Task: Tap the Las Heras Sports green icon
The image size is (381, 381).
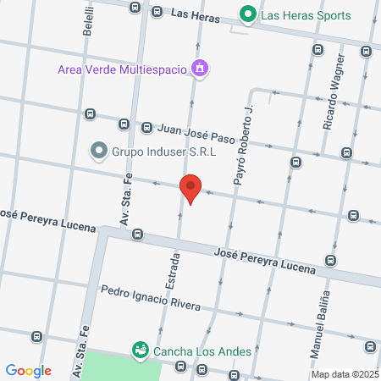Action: click(248, 14)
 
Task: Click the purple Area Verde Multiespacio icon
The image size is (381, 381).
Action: click(199, 68)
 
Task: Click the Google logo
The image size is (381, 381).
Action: click(29, 370)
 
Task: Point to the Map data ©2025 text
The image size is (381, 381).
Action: click(344, 374)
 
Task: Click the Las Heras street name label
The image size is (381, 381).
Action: click(196, 14)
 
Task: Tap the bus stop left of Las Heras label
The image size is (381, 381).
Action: click(135, 8)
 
